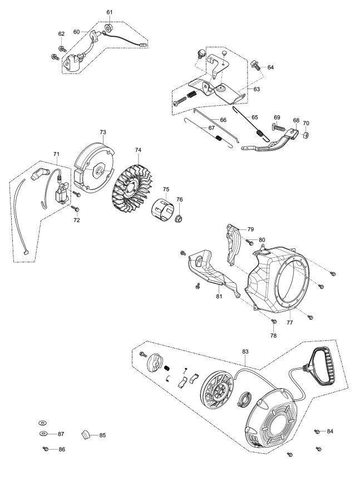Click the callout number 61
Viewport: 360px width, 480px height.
109,12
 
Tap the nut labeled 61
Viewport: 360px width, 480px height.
108,28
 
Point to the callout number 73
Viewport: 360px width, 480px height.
103,132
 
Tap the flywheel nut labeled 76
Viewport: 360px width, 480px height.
178,219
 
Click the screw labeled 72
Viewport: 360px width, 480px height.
75,208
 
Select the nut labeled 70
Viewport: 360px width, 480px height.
306,135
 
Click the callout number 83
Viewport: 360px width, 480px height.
245,352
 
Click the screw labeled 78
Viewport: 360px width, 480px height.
274,321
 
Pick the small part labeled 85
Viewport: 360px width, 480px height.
86,434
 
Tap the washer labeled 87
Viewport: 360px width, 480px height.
43,433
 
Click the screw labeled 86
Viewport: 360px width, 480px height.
46,449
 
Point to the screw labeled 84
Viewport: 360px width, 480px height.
317,431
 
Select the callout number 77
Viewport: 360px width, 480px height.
290,322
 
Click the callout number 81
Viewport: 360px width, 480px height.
219,296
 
